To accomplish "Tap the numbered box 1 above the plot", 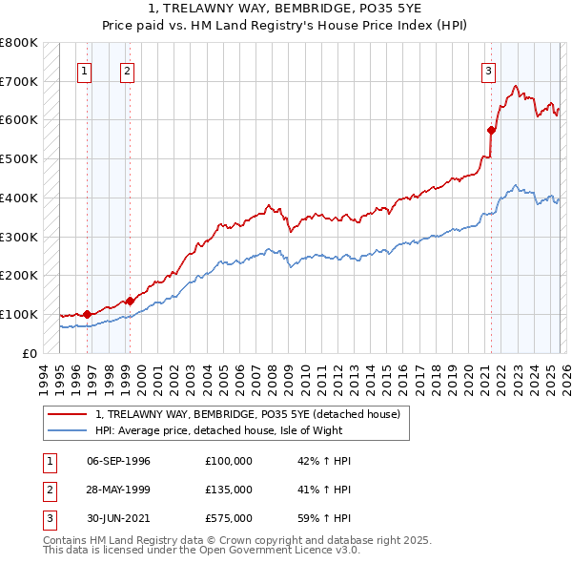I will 85,70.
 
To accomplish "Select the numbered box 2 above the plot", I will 127,70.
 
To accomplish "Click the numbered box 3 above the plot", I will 488,70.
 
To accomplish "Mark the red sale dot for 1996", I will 87,313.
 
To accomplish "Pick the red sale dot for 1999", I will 130,300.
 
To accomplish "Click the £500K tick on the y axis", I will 19,158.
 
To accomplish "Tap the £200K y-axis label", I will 19,275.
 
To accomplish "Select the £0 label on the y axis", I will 29,353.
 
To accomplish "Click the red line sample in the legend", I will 67,415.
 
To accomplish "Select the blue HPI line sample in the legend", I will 67,430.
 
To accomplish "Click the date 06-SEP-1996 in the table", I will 118,461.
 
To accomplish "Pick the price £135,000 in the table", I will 229,490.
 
